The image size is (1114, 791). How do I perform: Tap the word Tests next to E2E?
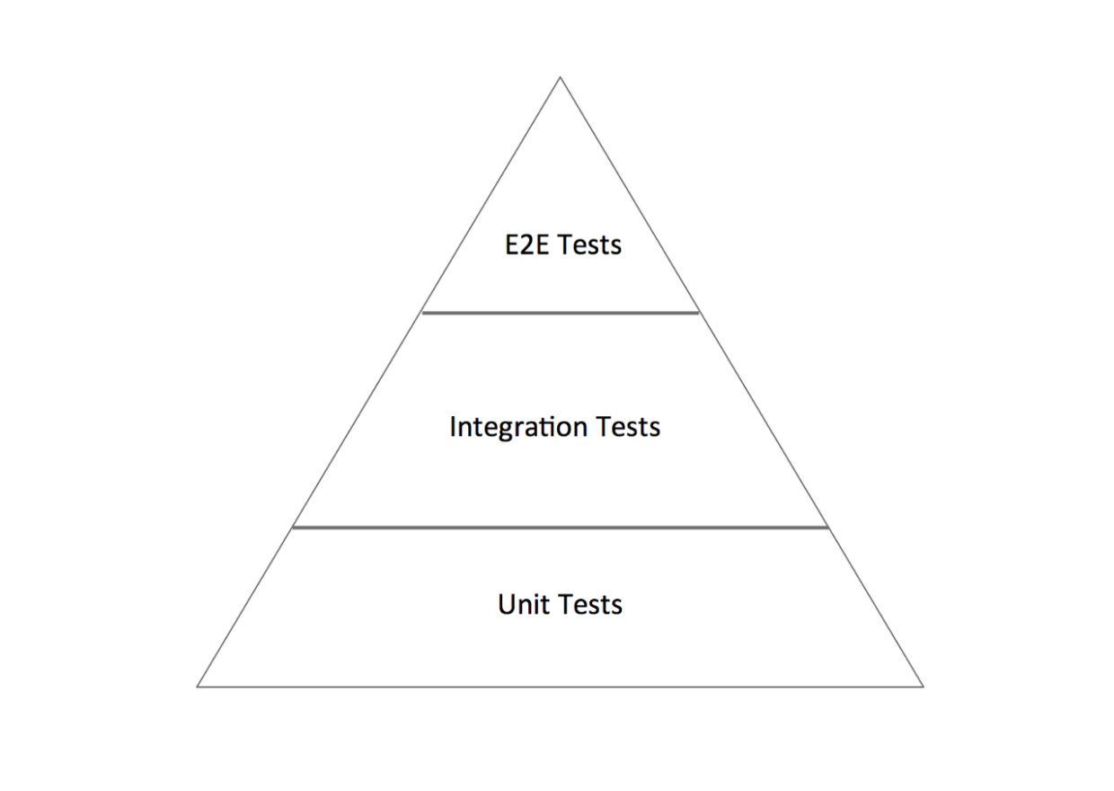point(589,244)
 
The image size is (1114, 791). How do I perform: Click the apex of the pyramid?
point(560,77)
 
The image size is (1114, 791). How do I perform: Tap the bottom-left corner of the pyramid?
point(198,687)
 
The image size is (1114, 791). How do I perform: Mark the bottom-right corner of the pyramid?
point(923,687)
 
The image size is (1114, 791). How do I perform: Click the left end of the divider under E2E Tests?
point(422,313)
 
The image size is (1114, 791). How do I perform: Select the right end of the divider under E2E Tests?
point(698,313)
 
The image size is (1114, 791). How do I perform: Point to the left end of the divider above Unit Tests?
point(293,528)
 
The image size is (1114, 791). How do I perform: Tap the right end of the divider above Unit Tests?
point(827,528)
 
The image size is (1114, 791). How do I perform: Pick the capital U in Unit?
point(506,604)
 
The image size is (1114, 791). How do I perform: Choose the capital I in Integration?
point(453,426)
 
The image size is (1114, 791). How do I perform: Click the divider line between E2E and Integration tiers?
point(560,313)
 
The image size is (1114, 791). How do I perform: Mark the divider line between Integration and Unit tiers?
point(560,528)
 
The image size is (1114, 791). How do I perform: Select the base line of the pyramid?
point(560,687)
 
